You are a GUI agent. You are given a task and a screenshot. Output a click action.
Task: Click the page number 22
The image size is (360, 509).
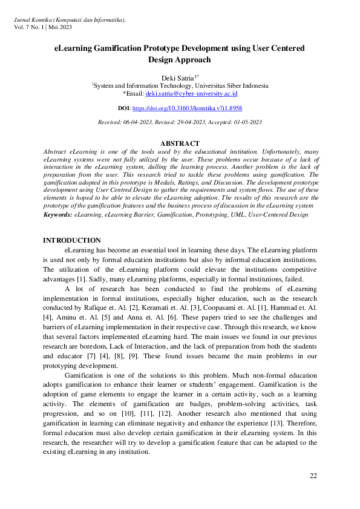313,476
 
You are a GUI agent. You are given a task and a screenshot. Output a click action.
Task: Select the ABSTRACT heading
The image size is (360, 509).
180,143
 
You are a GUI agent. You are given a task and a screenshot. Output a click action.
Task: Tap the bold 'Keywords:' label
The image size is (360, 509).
57,214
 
